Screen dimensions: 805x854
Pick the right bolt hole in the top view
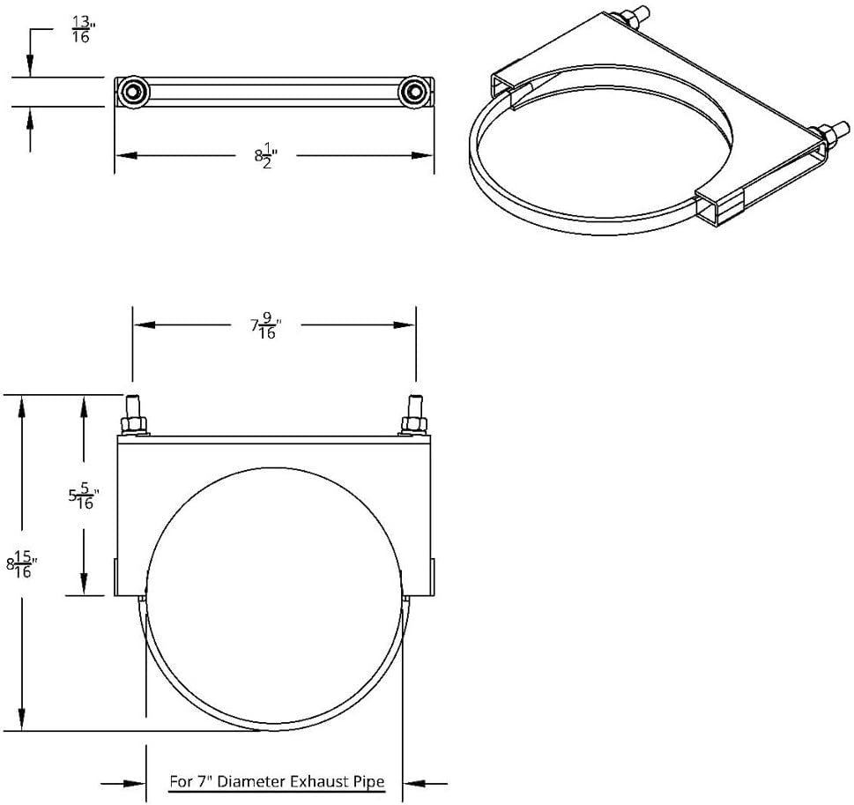(x=412, y=91)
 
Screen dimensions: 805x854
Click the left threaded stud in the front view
(x=135, y=412)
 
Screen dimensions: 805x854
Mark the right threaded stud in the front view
(x=412, y=412)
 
